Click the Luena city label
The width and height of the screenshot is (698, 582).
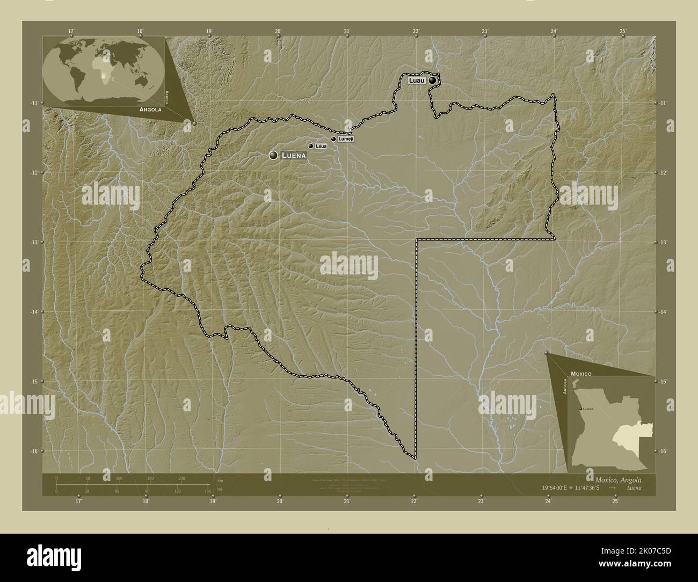294,156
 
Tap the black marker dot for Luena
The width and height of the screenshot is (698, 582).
273,155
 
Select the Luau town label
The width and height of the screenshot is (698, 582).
416,81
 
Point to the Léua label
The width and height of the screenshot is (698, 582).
321,146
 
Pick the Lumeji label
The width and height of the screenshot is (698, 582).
346,139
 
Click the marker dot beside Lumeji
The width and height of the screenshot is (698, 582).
333,139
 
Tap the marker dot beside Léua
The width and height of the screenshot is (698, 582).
310,146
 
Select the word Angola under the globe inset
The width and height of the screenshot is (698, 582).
151,110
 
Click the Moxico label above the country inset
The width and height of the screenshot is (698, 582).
581,373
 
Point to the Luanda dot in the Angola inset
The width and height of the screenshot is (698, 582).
581,410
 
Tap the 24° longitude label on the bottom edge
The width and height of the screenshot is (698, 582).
548,501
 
